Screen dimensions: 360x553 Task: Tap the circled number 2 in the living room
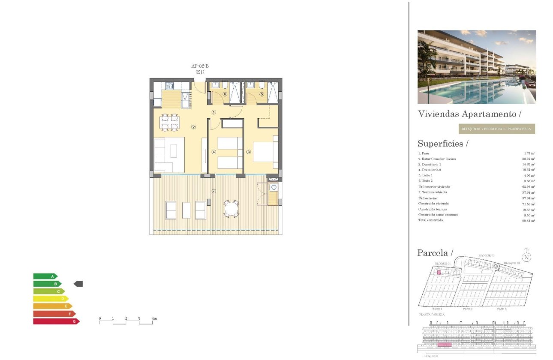(194, 127)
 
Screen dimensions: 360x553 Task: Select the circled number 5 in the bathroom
(261, 94)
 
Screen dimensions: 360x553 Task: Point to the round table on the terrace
(232, 209)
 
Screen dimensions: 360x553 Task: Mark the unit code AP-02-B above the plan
(200, 66)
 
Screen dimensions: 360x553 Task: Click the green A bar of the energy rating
(45, 276)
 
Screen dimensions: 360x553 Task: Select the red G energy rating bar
(56, 321)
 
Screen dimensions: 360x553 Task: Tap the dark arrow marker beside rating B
(78, 284)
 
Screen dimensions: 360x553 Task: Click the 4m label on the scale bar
(154, 318)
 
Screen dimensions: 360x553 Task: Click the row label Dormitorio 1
(430, 165)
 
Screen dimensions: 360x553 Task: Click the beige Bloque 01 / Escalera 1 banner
(496, 129)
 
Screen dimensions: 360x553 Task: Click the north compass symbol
(527, 257)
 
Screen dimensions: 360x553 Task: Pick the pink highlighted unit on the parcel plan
(439, 272)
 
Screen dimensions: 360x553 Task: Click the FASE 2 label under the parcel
(468, 309)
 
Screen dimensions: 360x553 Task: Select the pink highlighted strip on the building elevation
(445, 344)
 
